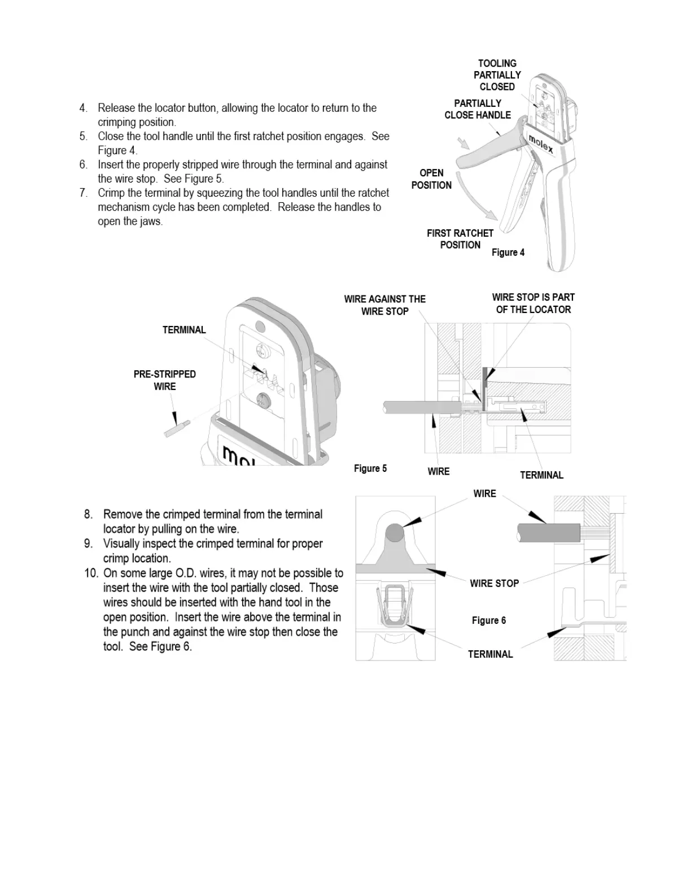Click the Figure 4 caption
(508, 253)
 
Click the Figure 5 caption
(370, 468)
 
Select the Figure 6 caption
(489, 620)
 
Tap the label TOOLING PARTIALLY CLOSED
(497, 75)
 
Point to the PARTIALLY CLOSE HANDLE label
(478, 109)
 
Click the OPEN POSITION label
(431, 179)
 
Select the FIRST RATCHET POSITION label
(460, 239)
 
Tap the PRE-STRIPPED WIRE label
(165, 380)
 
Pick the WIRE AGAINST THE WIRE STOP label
(385, 305)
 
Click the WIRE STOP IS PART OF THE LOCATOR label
(533, 303)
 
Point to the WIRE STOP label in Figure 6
(494, 584)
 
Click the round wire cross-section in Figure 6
(395, 532)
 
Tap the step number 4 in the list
(84, 108)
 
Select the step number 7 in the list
(84, 193)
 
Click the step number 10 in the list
(91, 574)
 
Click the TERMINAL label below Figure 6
(490, 654)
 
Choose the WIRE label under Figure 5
(439, 472)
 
